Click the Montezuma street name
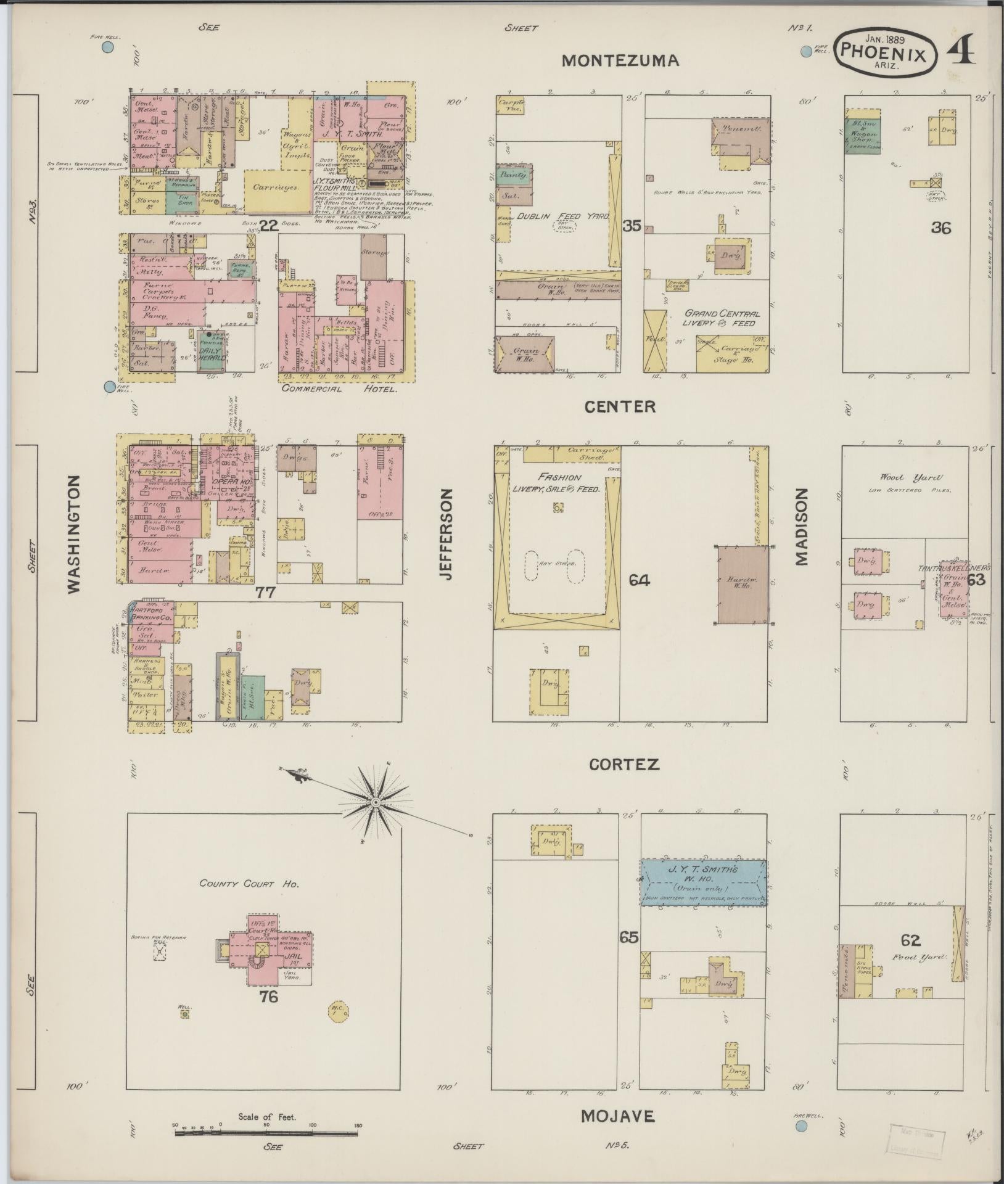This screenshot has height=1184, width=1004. [x=620, y=60]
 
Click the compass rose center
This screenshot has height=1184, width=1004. [x=375, y=802]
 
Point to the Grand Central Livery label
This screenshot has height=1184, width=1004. [x=720, y=318]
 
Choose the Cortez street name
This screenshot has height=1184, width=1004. [x=624, y=765]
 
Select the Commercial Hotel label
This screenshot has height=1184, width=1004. [x=339, y=389]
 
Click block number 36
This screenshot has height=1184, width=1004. [x=941, y=228]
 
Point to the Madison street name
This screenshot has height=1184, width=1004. [x=800, y=527]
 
